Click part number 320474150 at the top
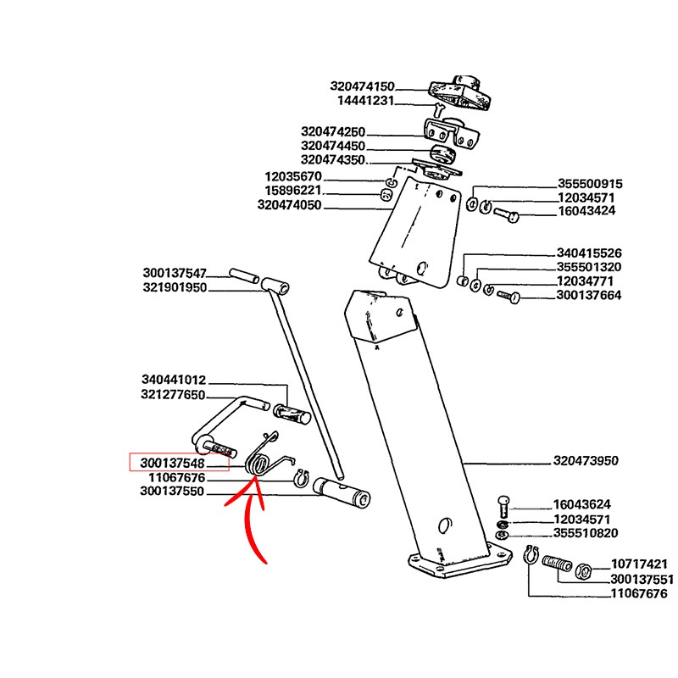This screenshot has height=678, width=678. pos(363,86)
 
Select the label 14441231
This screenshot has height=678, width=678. pos(366,100)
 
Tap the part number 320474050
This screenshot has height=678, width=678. pos(289,205)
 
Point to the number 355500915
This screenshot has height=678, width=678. pos(590,184)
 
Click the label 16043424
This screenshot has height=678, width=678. pos(586,211)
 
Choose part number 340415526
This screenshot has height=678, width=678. pos(590,253)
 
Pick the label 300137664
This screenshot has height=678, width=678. pos(589,295)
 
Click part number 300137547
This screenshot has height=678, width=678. pos(175,273)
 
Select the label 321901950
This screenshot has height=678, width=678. pos(175,287)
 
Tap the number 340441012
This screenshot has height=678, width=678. pos(174,381)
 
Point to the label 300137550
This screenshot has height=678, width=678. pos(172,491)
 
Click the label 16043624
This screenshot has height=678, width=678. pos(581,503)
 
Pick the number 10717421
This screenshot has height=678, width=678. pos(640,564)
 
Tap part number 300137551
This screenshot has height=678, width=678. pos(642,580)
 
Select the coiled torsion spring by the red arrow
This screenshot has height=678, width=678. pos(258,463)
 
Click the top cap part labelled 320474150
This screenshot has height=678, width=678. pos(460,94)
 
